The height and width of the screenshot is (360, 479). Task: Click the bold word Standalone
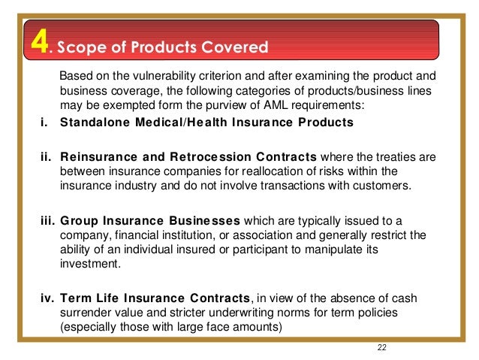click(93, 123)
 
